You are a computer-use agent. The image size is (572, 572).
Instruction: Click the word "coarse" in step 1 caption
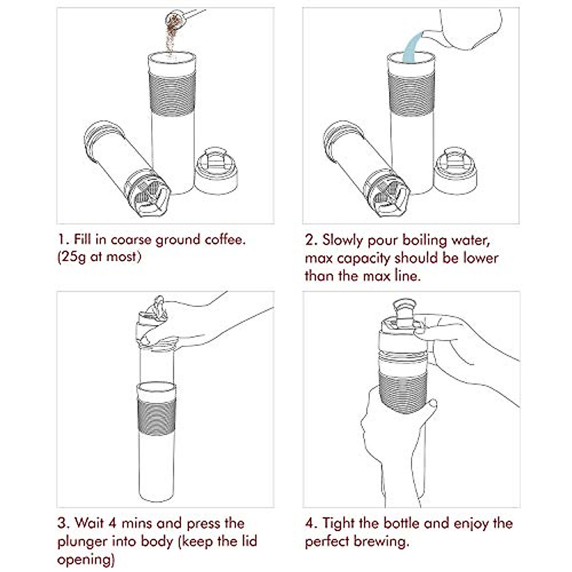(131, 240)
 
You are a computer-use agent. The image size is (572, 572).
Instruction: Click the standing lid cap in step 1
(216, 171)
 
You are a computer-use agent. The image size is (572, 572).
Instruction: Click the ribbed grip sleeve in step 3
(157, 417)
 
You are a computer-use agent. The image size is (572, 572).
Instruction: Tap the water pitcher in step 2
(470, 28)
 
